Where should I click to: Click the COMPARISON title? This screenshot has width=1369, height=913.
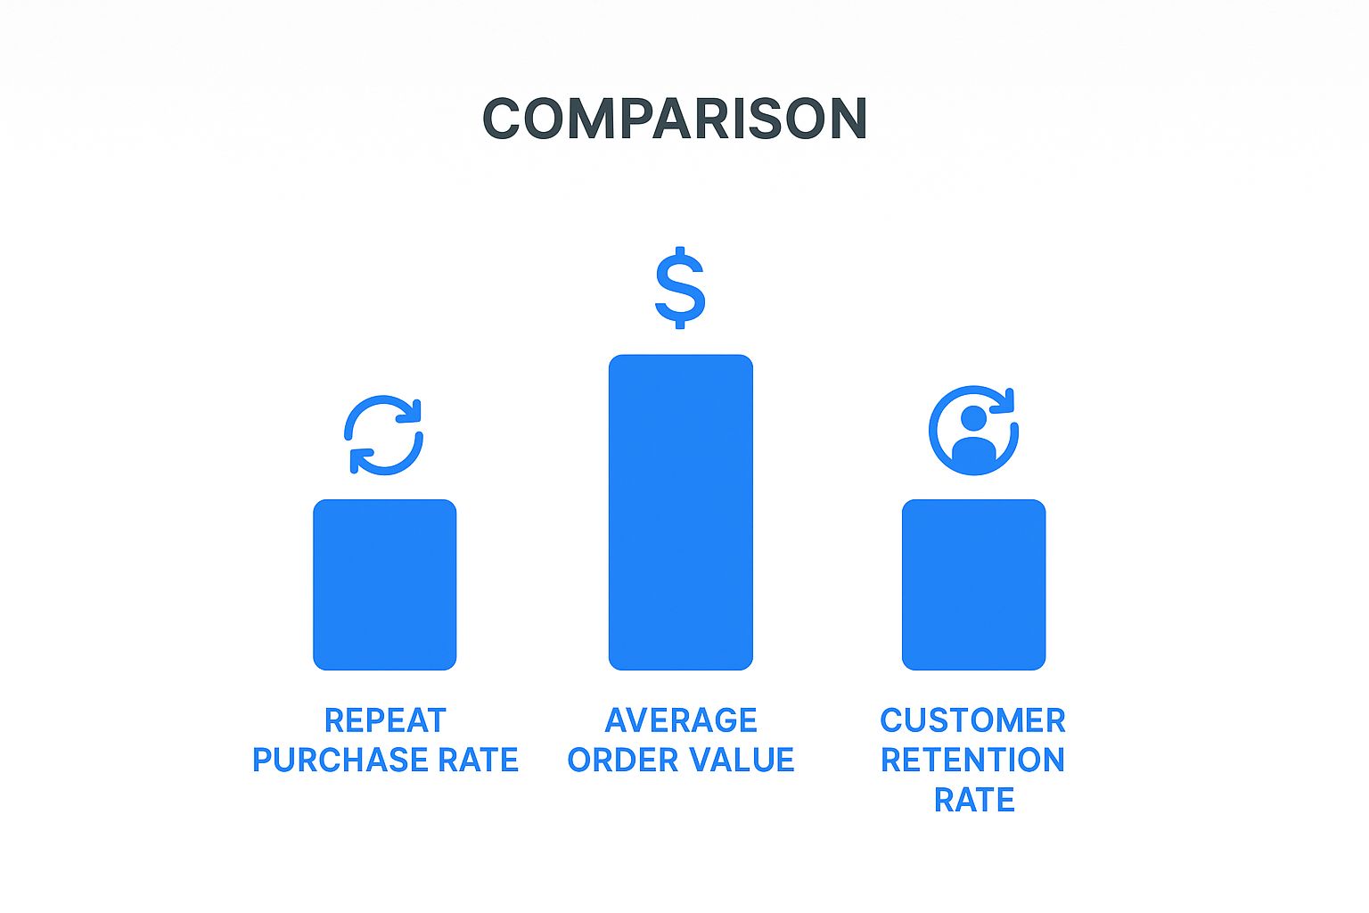(675, 119)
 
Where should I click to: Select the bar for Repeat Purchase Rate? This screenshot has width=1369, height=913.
(384, 584)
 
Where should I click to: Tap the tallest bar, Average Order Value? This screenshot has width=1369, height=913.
(680, 512)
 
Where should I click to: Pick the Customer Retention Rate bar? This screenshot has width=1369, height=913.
(973, 584)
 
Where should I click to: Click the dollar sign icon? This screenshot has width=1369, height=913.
(680, 287)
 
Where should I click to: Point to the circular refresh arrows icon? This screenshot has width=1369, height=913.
(384, 434)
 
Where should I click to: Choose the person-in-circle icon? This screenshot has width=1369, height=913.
(972, 431)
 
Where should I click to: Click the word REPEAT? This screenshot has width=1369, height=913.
(384, 720)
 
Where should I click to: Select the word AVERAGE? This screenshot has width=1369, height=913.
(681, 720)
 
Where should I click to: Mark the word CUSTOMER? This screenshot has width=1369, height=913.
(972, 720)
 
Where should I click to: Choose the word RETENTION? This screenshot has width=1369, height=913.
(972, 761)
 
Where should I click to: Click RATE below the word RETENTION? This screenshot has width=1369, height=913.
(973, 801)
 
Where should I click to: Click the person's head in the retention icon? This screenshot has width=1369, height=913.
(973, 417)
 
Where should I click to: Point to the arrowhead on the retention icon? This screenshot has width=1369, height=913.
(1007, 399)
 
